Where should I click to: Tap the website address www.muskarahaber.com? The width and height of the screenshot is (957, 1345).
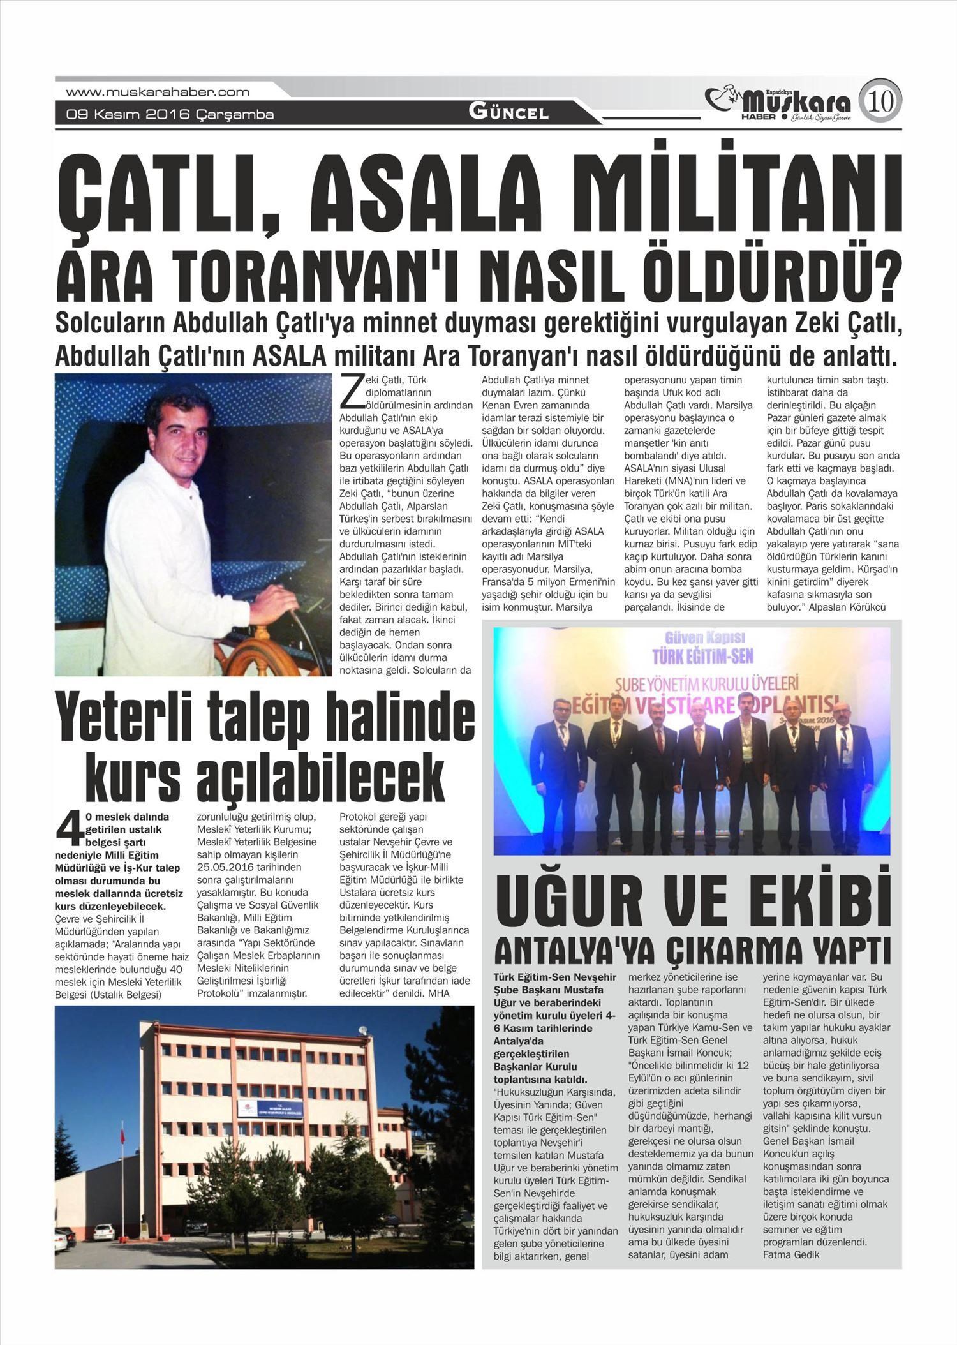pos(158,92)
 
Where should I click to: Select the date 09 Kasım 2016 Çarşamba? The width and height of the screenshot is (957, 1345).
pos(170,115)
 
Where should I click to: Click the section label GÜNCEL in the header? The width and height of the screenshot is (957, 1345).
pos(508,113)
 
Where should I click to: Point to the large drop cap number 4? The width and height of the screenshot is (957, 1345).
pos(70,829)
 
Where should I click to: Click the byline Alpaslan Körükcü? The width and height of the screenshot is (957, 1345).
pos(847,607)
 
